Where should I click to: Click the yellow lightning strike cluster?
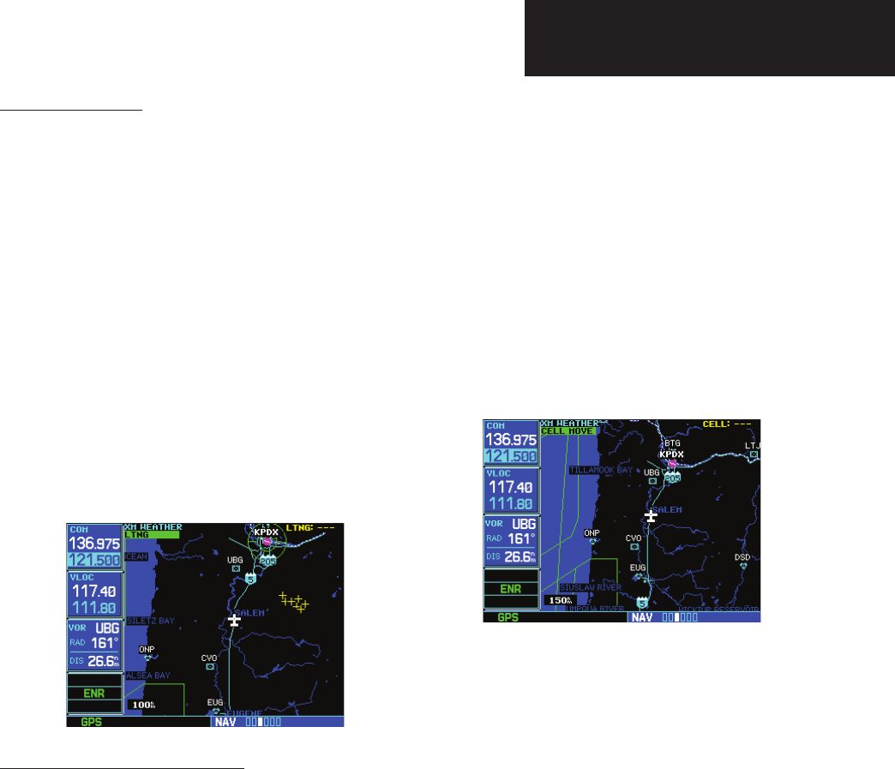coord(294,602)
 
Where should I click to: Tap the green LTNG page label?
coord(151,534)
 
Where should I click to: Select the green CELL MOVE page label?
coord(568,430)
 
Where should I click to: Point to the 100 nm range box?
coord(142,705)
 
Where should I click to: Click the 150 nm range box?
coord(559,600)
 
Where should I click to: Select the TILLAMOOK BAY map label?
coord(599,471)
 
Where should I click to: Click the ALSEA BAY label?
coord(148,676)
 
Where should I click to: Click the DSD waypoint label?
coord(742,557)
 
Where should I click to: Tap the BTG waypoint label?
coord(671,443)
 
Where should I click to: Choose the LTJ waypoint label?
coord(753,446)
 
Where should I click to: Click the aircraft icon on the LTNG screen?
coord(235,620)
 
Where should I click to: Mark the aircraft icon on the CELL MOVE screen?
coord(651,516)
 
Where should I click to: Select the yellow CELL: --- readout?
coord(726,424)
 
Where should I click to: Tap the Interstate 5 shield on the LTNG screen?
coord(250,579)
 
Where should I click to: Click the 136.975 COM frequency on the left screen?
coord(94,544)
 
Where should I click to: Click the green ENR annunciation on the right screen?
coord(511,590)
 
